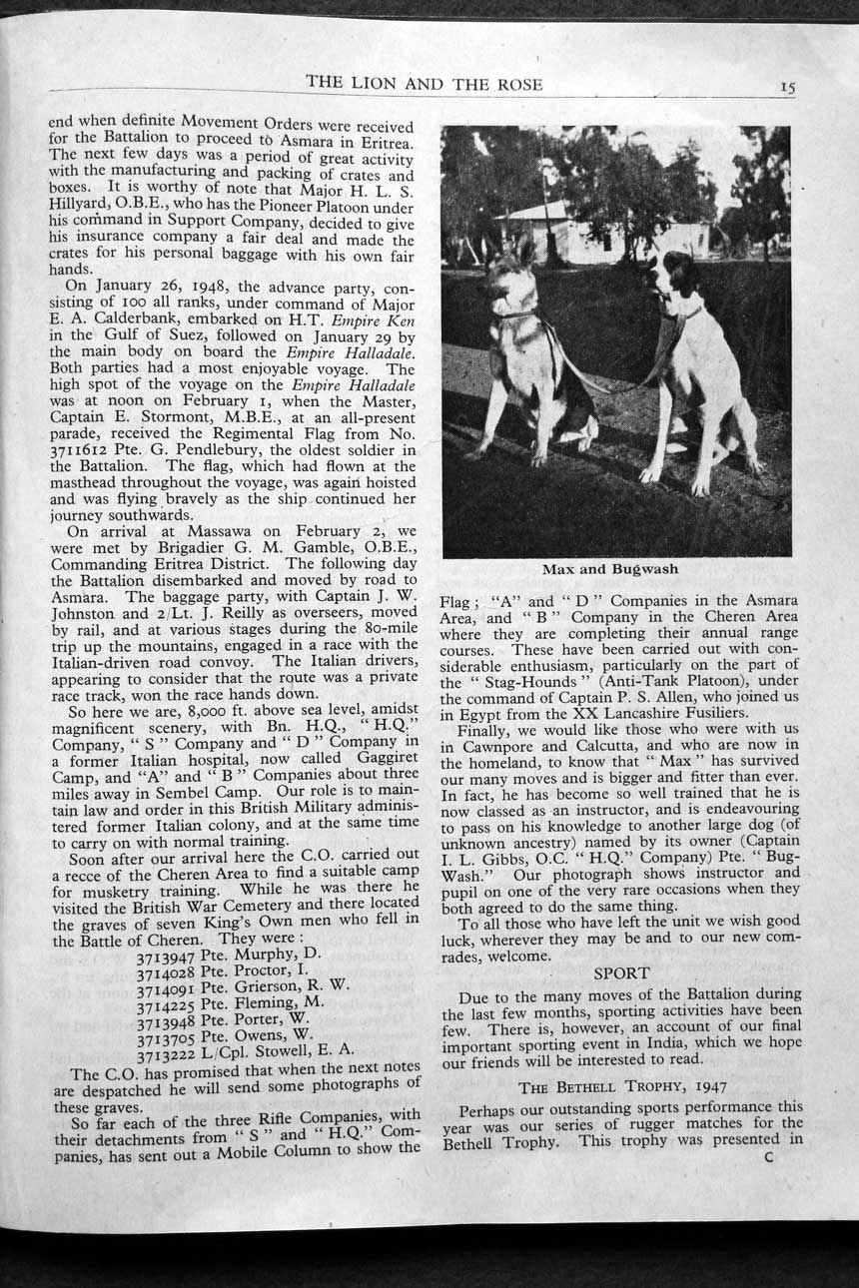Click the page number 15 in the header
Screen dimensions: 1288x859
pos(788,87)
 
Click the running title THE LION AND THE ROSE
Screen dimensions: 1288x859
pos(425,83)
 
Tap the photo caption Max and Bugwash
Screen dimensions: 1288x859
pos(610,569)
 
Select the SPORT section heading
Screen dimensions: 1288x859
pos(621,971)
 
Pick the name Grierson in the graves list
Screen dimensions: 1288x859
pos(273,988)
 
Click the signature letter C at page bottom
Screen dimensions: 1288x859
pos(768,1159)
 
